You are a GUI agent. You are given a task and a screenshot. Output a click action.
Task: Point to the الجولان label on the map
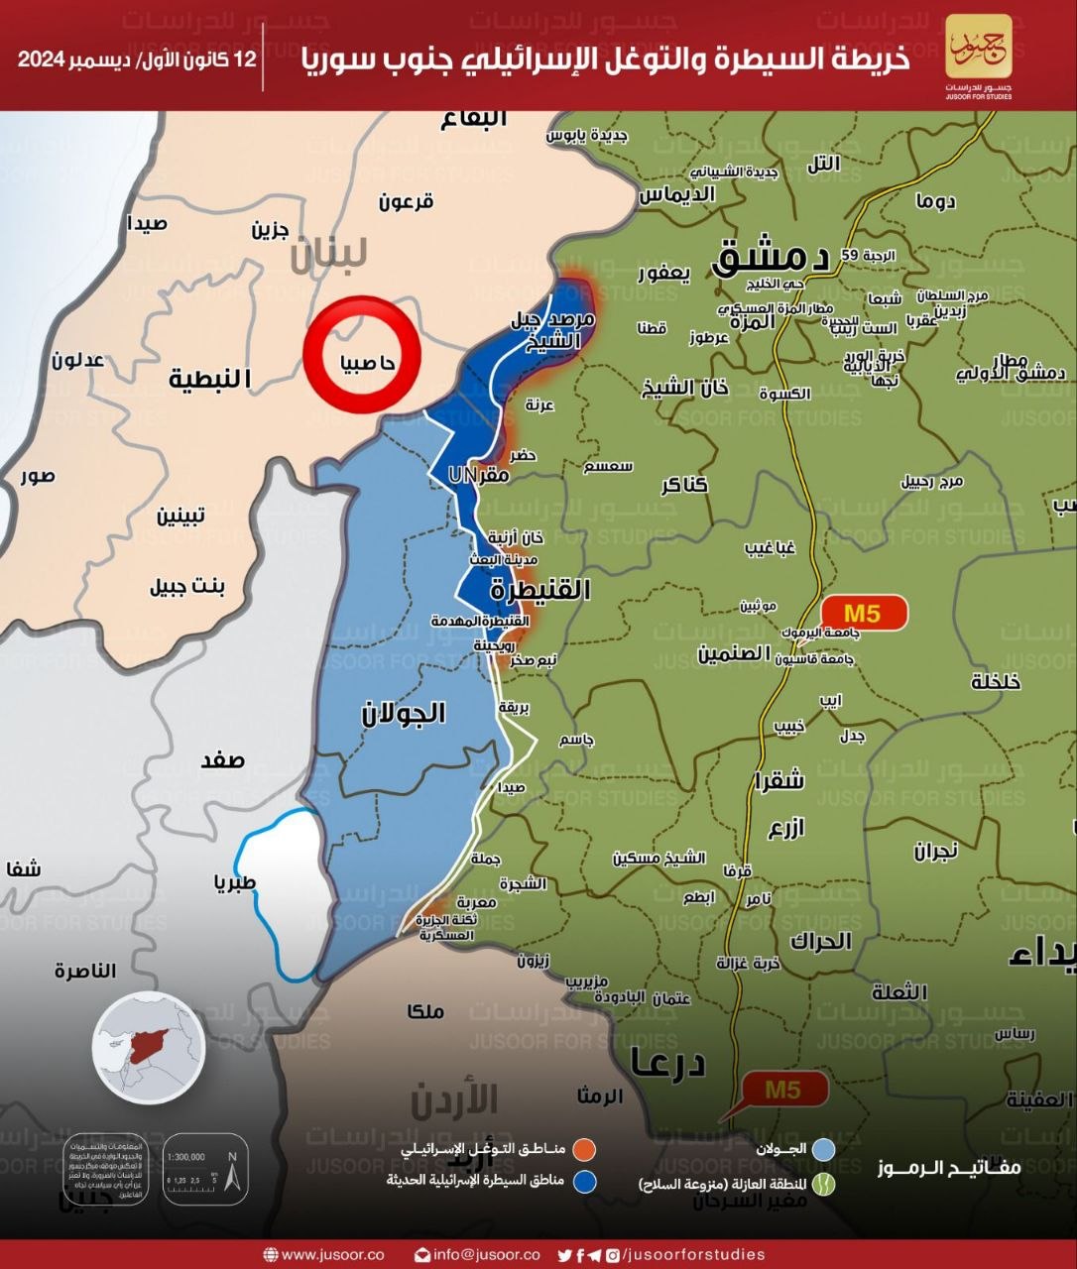[404, 713]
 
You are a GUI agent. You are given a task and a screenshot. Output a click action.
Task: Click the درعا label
[667, 1063]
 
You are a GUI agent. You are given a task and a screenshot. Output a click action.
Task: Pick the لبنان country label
[328, 254]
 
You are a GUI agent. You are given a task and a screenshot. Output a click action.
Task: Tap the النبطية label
[209, 379]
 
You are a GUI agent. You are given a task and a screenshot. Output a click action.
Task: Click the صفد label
[222, 761]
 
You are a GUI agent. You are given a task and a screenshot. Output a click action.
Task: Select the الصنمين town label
[734, 654]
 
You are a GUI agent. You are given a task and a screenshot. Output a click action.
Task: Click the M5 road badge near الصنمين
[863, 613]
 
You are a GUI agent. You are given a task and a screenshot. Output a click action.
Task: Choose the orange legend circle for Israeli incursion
[585, 1149]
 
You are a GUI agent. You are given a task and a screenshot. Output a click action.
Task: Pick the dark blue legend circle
[585, 1181]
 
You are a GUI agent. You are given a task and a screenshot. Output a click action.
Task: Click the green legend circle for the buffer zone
[824, 1184]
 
